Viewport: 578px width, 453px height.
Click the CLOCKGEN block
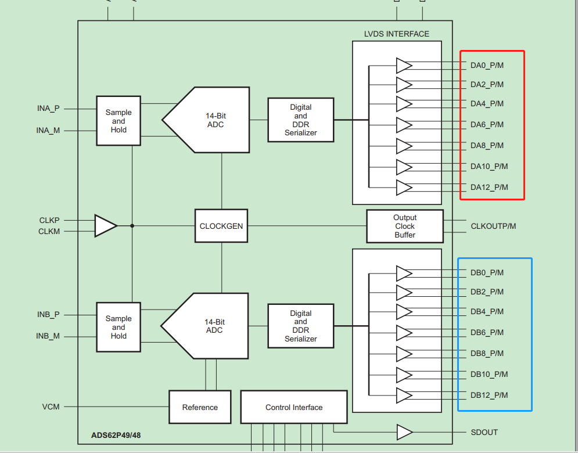221,226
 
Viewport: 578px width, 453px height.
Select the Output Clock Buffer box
404,226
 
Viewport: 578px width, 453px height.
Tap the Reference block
200,407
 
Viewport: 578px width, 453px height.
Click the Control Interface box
293,407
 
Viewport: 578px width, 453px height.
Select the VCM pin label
51,407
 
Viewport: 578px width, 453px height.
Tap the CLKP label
49,221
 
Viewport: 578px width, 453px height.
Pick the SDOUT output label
484,432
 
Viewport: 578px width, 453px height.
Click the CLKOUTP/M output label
493,226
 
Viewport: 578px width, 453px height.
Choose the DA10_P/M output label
489,167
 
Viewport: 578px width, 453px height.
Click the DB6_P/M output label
487,332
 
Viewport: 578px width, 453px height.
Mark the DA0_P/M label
487,65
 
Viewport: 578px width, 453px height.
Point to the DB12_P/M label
489,395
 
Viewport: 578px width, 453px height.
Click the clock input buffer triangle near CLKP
105,226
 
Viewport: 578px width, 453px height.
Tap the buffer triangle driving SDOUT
404,432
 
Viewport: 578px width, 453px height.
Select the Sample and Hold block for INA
119,121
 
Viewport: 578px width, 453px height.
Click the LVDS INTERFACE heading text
397,34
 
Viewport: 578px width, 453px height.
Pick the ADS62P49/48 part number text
116,435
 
